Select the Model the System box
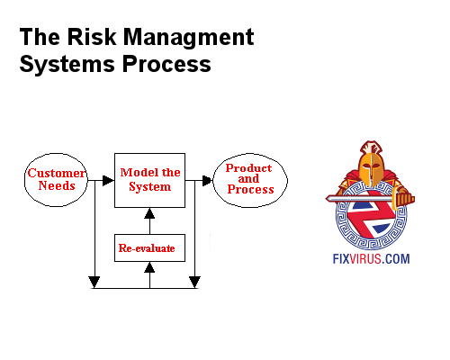(149, 179)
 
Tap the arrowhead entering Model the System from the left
(108, 181)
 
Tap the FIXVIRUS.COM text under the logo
(371, 259)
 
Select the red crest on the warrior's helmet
(367, 148)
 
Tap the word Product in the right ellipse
(249, 167)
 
